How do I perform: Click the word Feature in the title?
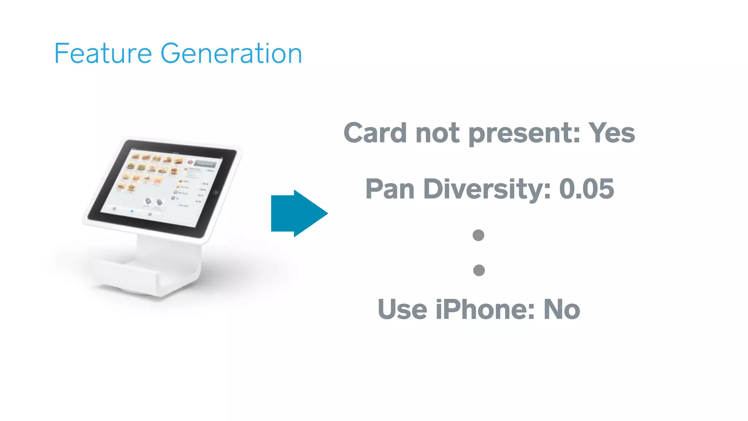point(103,54)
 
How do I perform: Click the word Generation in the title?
point(231,54)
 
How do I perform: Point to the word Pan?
point(390,189)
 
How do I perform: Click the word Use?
point(402,310)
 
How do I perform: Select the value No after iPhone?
point(562,310)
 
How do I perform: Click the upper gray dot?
point(478,235)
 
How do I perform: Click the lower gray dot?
point(479,270)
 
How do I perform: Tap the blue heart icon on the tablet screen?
point(132,211)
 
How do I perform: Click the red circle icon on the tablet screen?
point(190,162)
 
